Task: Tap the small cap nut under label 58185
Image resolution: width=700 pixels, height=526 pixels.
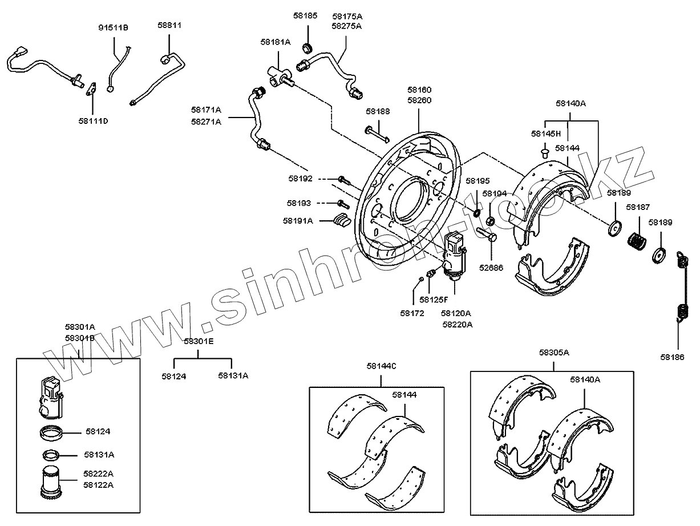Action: (307, 46)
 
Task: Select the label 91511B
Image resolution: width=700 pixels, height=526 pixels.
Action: (113, 27)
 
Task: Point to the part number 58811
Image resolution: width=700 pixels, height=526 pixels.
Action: (169, 26)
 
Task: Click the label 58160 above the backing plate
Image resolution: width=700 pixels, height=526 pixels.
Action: (419, 90)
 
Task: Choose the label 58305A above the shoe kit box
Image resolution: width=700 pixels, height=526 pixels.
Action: (554, 353)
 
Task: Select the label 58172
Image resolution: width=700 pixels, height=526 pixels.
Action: (412, 313)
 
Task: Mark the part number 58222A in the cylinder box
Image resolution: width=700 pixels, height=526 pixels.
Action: (98, 474)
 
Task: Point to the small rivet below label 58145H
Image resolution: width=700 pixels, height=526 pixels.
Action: (544, 152)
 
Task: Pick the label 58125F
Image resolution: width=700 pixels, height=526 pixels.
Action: (434, 299)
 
